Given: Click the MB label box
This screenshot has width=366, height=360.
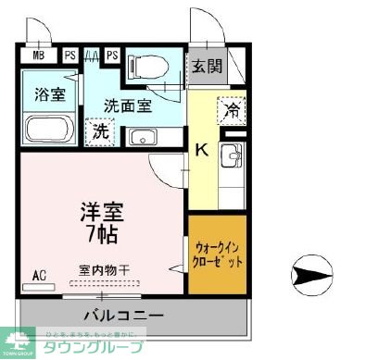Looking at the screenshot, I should point(38,55).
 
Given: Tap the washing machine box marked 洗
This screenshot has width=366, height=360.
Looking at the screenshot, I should point(99,132).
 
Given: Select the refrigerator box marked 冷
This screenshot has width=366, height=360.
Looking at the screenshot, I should point(232,111).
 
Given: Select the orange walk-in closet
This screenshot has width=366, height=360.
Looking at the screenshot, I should point(219,254).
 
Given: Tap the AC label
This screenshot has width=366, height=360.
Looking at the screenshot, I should point(39,275).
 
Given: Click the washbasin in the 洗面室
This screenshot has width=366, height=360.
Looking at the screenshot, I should point(143,136).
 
